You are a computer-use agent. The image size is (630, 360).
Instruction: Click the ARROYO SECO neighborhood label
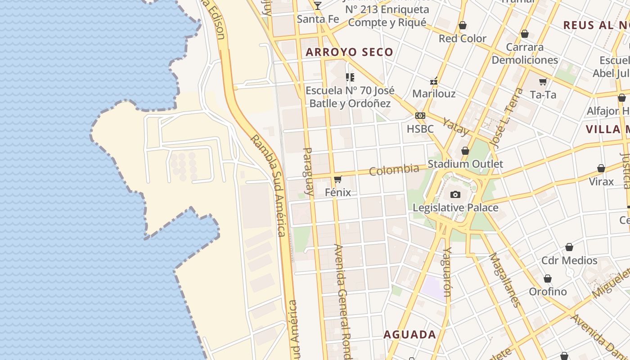(349, 52)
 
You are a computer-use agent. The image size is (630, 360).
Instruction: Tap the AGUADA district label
(409, 335)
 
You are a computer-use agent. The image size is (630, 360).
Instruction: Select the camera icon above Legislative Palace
(455, 195)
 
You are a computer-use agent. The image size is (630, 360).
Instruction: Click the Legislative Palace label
(455, 207)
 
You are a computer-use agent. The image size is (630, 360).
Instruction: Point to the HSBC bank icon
(420, 116)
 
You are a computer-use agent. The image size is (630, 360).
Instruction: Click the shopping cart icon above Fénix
(338, 179)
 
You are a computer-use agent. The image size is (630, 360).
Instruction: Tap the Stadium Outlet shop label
(465, 164)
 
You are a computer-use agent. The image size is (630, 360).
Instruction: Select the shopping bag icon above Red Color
(462, 26)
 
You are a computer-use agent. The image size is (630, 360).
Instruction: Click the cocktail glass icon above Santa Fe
(318, 6)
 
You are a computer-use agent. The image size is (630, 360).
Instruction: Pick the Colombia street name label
(394, 170)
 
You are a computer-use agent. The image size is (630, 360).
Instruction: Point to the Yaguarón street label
(446, 272)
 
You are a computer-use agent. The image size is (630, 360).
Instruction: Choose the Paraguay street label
(308, 171)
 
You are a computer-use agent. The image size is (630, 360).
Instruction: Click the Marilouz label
(434, 94)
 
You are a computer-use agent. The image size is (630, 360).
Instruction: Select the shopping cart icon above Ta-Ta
(543, 82)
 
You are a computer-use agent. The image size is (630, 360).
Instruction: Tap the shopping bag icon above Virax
(601, 169)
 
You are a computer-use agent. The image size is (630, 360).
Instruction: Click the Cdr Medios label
(569, 260)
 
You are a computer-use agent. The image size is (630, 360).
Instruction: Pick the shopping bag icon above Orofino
(548, 279)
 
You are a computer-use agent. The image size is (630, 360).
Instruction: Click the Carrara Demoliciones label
(525, 53)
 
